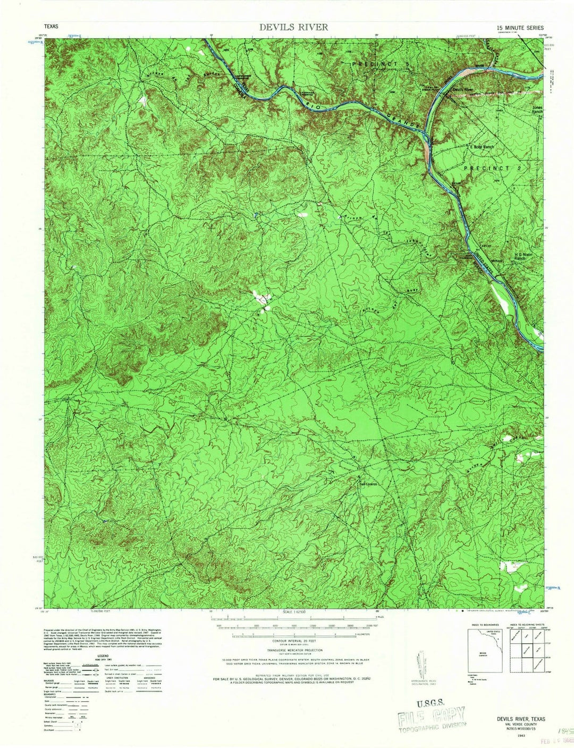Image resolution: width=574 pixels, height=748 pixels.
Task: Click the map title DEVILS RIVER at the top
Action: coord(293,27)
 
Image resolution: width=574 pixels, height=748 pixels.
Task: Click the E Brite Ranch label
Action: coord(482,147)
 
